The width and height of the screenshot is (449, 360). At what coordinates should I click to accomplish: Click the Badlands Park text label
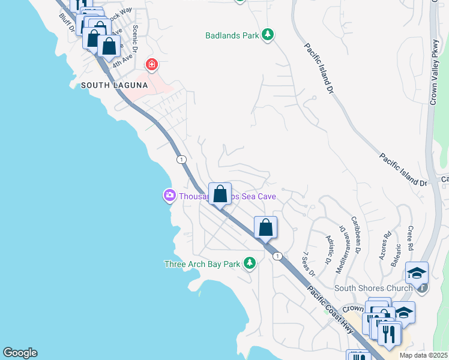tap(232, 35)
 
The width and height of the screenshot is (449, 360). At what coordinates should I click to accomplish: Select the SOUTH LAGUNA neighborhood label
tap(114, 86)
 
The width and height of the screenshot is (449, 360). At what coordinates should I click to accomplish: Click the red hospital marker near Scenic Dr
tap(152, 64)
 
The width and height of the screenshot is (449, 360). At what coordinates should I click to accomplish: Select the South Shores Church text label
tap(373, 288)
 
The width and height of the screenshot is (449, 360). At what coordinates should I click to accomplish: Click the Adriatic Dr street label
tap(328, 249)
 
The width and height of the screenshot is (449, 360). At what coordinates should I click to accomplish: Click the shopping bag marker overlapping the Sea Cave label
tap(220, 194)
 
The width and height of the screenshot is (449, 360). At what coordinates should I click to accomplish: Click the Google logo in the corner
tap(20, 353)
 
